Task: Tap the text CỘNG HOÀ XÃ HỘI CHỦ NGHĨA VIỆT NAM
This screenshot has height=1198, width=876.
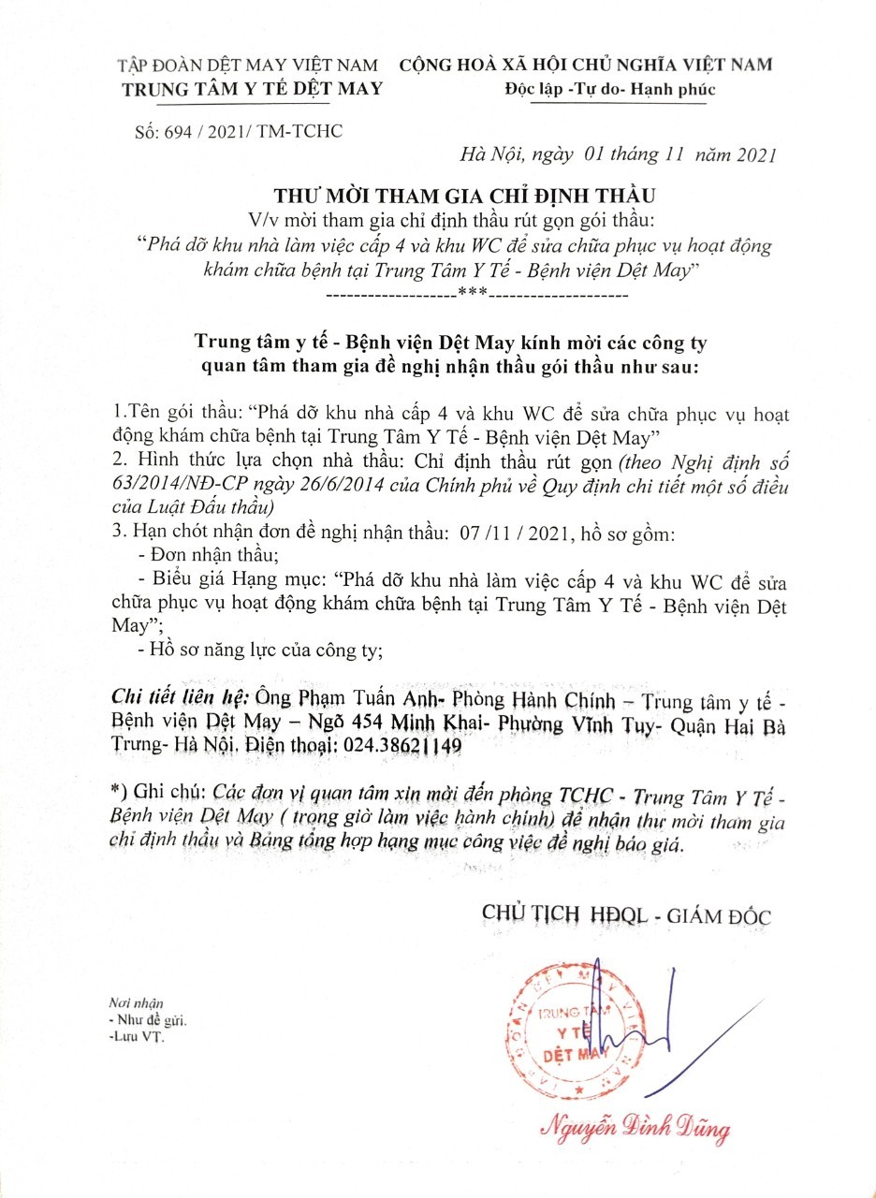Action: pos(587,66)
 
